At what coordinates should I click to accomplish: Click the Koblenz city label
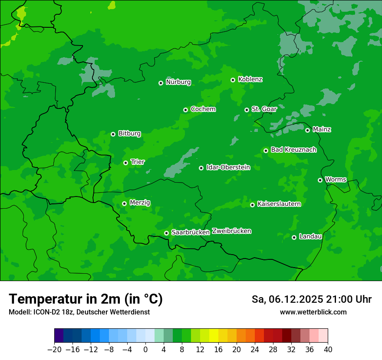250,79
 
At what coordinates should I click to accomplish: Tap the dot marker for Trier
125,163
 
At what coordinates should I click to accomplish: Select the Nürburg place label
178,82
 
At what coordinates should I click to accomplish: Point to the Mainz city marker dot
307,130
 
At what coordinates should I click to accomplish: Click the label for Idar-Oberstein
228,167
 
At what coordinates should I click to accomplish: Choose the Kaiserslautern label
279,204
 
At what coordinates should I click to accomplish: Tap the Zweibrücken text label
231,231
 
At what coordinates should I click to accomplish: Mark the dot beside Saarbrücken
166,233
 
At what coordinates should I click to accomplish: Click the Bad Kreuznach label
293,150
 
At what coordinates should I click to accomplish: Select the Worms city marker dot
320,180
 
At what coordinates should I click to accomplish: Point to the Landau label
310,236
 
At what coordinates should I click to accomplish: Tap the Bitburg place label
129,134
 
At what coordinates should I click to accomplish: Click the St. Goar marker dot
247,110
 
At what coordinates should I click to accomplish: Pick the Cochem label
203,109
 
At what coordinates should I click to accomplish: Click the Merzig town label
140,203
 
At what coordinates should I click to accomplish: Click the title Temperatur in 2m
86,299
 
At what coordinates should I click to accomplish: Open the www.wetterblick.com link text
313,312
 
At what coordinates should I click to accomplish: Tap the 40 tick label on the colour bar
328,350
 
